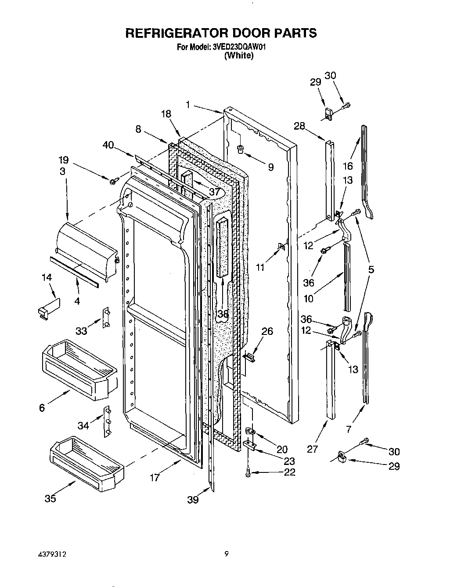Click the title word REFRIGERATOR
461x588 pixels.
(169, 33)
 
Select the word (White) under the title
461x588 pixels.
(238, 56)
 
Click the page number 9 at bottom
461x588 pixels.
(227, 555)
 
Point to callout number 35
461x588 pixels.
(50, 499)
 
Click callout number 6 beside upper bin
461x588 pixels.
(42, 408)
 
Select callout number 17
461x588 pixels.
(155, 478)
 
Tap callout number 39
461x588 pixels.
(193, 500)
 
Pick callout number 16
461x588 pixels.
(348, 166)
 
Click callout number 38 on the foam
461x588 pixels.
(223, 314)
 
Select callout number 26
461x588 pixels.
(267, 331)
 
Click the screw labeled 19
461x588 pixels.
(114, 181)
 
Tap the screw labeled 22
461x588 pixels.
(248, 473)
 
